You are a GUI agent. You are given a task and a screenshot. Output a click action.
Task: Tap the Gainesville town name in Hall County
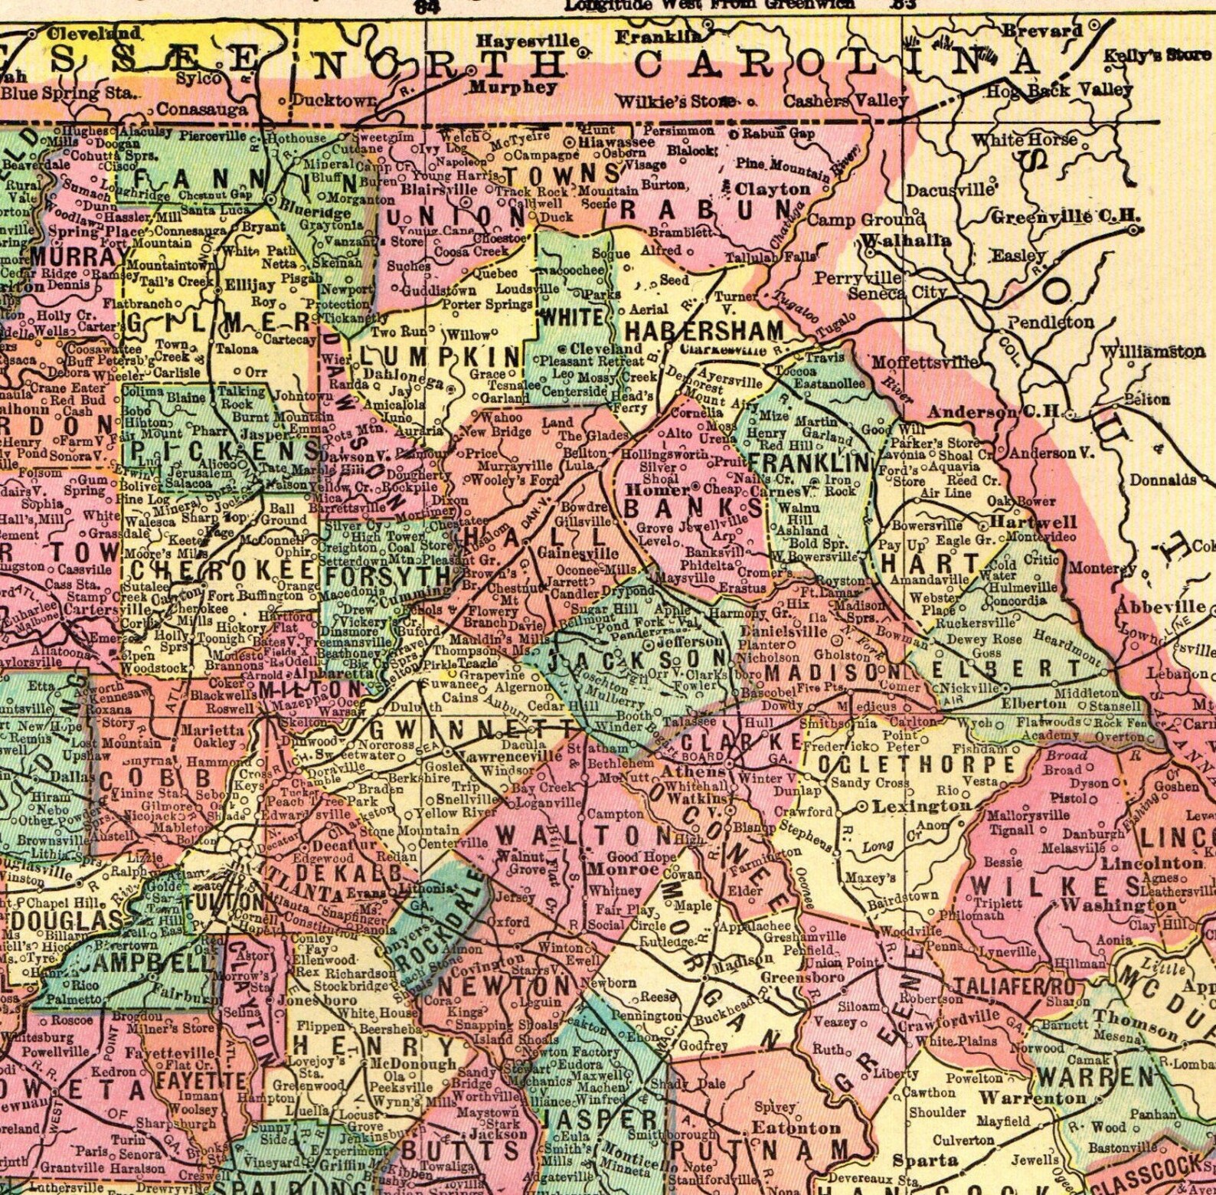click(x=578, y=554)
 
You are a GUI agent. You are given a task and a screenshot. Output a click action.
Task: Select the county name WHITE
click(x=571, y=316)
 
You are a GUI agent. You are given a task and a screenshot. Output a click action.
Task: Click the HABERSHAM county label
click(x=704, y=331)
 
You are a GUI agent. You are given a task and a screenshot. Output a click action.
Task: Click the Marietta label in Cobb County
click(x=211, y=730)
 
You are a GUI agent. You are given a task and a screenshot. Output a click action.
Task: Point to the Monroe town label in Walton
click(x=623, y=870)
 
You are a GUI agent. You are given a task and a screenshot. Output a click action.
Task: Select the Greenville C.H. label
click(x=1055, y=217)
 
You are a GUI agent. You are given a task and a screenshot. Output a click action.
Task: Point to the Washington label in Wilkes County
click(x=1119, y=905)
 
